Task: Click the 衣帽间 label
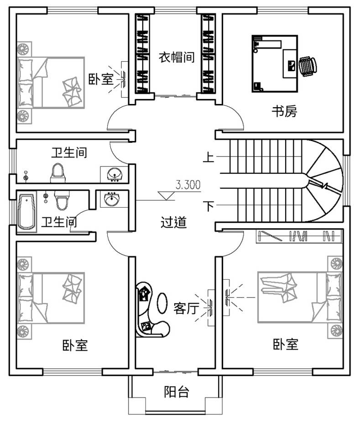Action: click(177, 57)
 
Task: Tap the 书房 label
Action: click(284, 111)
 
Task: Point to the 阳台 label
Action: click(177, 391)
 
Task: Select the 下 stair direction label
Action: click(209, 206)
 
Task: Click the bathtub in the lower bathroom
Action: click(27, 212)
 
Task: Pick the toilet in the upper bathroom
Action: click(57, 172)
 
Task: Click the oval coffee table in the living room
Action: click(162, 303)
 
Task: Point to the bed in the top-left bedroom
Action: click(50, 83)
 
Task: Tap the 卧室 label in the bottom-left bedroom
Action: click(75, 345)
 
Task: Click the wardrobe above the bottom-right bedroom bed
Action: click(298, 236)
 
